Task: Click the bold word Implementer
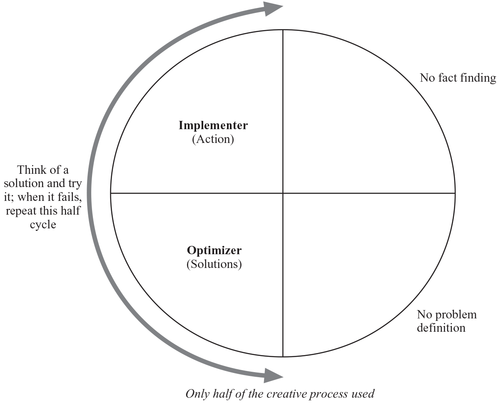[213, 125]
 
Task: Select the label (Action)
[213, 139]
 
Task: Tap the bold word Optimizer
[214, 250]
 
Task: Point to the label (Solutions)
[214, 264]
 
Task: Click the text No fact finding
[458, 78]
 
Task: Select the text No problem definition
[446, 321]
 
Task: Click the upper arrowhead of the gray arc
[273, 8]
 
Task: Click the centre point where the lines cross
[283, 193]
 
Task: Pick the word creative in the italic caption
[284, 393]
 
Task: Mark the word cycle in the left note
[43, 225]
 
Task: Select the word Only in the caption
[197, 393]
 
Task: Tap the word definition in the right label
[441, 328]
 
